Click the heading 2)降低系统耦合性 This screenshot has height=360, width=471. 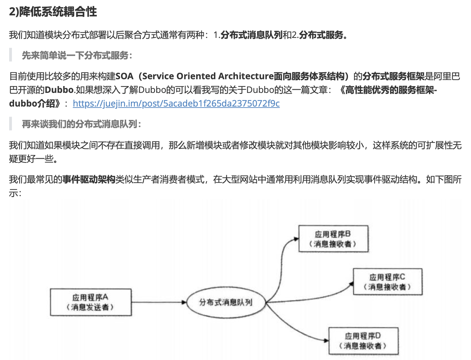click(53, 12)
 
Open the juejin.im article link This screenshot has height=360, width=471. click(176, 103)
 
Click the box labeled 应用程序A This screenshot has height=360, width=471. click(91, 302)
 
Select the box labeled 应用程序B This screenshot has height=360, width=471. click(333, 239)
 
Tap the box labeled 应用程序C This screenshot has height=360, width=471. click(388, 281)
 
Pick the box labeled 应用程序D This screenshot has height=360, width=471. click(363, 341)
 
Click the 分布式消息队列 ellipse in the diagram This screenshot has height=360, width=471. click(226, 302)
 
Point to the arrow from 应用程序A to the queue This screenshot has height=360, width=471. click(159, 302)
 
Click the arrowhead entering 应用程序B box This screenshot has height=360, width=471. click(296, 239)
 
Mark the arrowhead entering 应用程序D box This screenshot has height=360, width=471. click(326, 341)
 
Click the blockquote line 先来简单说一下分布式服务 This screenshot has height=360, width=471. click(77, 55)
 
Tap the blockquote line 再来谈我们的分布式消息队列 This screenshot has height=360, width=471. click(81, 124)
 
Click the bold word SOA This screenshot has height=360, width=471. click(124, 76)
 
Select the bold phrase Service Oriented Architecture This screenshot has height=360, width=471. click(208, 76)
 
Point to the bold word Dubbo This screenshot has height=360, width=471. click(59, 90)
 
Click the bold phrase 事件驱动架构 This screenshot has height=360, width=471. click(89, 179)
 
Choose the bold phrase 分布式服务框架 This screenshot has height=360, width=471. click(393, 76)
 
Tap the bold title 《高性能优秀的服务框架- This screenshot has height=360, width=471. click(388, 90)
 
